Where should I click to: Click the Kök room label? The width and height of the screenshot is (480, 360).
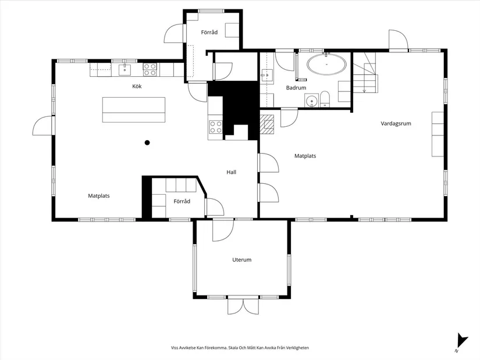[x=137, y=86]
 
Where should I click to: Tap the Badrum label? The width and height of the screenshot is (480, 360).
[x=296, y=88]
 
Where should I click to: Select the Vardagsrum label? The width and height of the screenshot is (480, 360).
[x=396, y=124]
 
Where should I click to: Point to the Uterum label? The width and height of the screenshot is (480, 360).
[x=242, y=260]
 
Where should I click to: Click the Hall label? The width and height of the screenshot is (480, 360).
[x=232, y=172]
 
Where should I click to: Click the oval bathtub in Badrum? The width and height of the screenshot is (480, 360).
[x=327, y=65]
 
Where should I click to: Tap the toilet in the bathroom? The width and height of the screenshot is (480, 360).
[x=325, y=98]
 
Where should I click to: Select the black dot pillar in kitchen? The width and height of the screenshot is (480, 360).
[x=147, y=142]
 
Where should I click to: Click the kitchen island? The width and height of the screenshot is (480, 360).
[x=134, y=110]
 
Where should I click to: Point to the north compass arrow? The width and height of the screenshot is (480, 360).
[x=461, y=341]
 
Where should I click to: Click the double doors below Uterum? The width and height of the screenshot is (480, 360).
[x=243, y=306]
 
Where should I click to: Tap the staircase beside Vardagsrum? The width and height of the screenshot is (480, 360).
[x=365, y=73]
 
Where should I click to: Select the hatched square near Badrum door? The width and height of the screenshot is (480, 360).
[x=267, y=124]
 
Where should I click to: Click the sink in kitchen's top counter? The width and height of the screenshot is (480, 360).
[x=125, y=70]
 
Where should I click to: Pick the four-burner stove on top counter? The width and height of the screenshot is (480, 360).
[x=150, y=69]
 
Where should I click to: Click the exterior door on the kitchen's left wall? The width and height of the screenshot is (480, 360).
[x=44, y=126]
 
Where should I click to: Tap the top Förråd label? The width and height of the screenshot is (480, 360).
[x=209, y=33]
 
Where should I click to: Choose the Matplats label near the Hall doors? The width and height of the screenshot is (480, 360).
[x=305, y=156]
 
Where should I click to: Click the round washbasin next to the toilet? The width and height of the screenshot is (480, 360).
[x=312, y=101]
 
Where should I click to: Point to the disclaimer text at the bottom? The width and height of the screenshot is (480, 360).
[x=240, y=348]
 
